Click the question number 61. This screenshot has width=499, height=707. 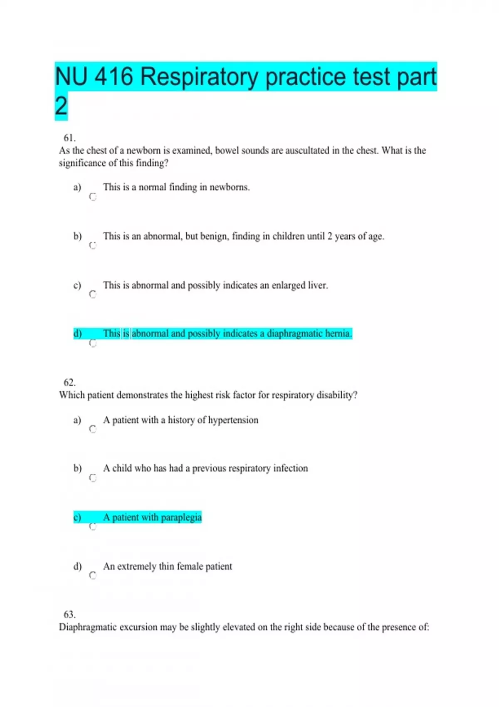pyautogui.click(x=69, y=138)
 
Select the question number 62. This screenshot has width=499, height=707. pyautogui.click(x=69, y=383)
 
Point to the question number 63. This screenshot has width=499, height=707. pyautogui.click(x=69, y=615)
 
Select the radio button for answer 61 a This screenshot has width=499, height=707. pyautogui.click(x=93, y=197)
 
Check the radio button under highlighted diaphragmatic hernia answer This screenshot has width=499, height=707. pyautogui.click(x=93, y=344)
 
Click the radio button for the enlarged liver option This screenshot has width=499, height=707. pyautogui.click(x=93, y=294)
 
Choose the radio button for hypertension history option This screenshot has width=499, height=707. pyautogui.click(x=93, y=429)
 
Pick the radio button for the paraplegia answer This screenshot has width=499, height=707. pyautogui.click(x=93, y=527)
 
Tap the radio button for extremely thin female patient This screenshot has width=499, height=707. pyautogui.click(x=93, y=576)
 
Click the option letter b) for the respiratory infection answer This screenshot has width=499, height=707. pyautogui.click(x=78, y=468)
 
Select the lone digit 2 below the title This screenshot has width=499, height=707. pyautogui.click(x=61, y=106)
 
